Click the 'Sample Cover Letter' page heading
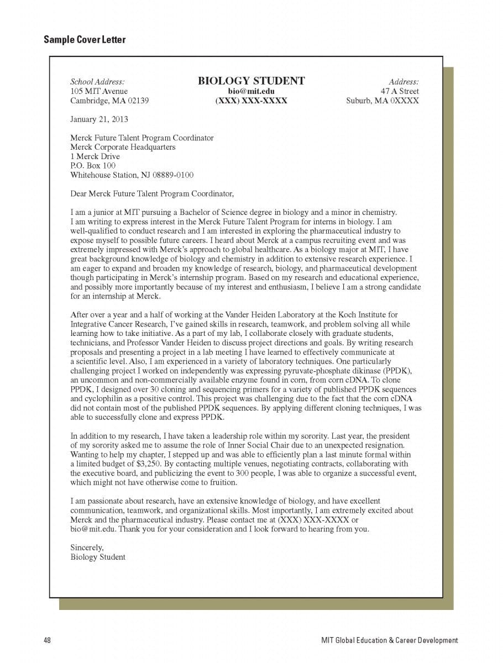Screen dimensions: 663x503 coord(85,40)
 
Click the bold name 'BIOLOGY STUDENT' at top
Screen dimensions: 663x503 coord(251,81)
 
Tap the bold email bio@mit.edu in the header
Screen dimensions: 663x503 coord(251,91)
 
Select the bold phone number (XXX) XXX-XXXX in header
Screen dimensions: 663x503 coord(251,101)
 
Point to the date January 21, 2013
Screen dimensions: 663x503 coord(99,119)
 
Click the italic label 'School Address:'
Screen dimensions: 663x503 coord(97,82)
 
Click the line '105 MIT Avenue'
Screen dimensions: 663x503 coord(99,91)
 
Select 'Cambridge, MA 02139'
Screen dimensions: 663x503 coord(109,101)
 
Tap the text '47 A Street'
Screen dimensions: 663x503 coord(400,91)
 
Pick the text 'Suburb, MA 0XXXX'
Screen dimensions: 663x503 coord(383,101)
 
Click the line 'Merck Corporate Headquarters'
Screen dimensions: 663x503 coord(123,147)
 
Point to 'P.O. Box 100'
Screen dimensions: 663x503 coord(93,166)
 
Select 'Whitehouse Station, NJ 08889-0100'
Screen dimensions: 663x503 coord(132,175)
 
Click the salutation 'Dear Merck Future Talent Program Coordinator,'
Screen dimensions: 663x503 coord(152,194)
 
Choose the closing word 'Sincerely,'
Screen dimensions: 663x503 coord(87,548)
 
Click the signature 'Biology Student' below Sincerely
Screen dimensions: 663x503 coord(98,557)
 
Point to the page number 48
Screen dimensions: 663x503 coord(48,640)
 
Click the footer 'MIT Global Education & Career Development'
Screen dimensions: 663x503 coord(390,640)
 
